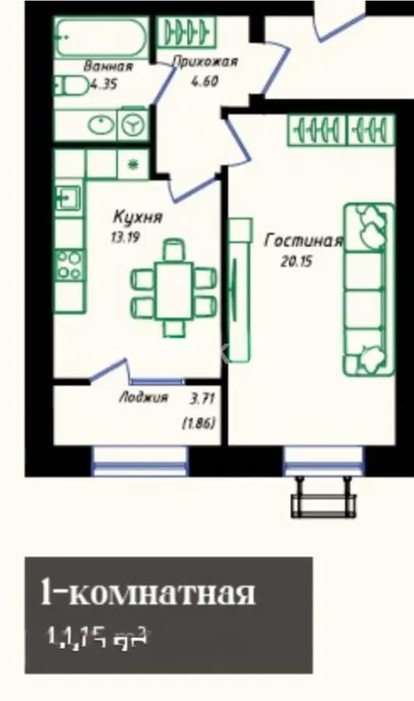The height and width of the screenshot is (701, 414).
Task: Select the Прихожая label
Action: click(205, 62)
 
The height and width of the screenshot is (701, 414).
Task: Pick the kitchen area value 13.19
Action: click(125, 238)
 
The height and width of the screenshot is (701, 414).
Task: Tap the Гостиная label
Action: click(303, 241)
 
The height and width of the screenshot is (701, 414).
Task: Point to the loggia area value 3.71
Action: click(202, 398)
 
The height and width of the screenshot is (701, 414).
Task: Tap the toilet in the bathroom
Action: click(72, 85)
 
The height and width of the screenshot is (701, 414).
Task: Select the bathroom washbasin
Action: click(100, 125)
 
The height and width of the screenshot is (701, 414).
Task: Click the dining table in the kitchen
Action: click(174, 290)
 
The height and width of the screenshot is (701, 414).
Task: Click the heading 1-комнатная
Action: click(147, 594)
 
